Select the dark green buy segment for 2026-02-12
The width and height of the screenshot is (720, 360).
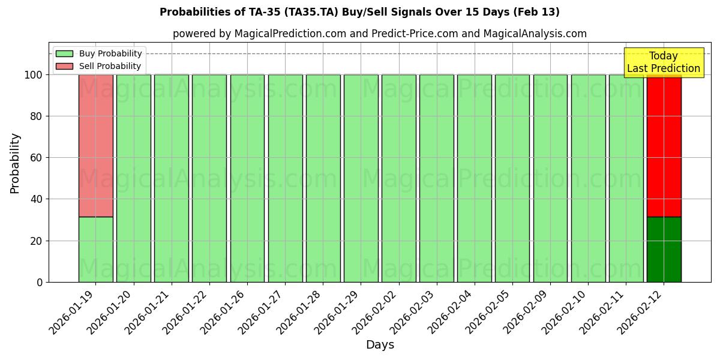click(664, 250)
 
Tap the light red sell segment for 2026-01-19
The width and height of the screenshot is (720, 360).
click(95, 145)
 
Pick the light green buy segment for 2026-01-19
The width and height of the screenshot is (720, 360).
click(95, 250)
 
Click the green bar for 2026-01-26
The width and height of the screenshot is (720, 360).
click(247, 178)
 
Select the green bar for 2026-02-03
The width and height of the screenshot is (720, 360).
click(437, 178)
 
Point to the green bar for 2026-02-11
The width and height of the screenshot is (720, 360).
click(626, 178)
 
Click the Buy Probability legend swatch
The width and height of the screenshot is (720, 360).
click(64, 54)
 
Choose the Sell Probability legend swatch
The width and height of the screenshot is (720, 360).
click(64, 67)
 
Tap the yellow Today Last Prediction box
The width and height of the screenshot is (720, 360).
click(663, 62)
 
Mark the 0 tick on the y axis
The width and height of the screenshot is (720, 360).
click(40, 282)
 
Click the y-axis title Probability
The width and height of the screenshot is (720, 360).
click(15, 163)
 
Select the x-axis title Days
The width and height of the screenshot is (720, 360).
click(380, 345)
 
